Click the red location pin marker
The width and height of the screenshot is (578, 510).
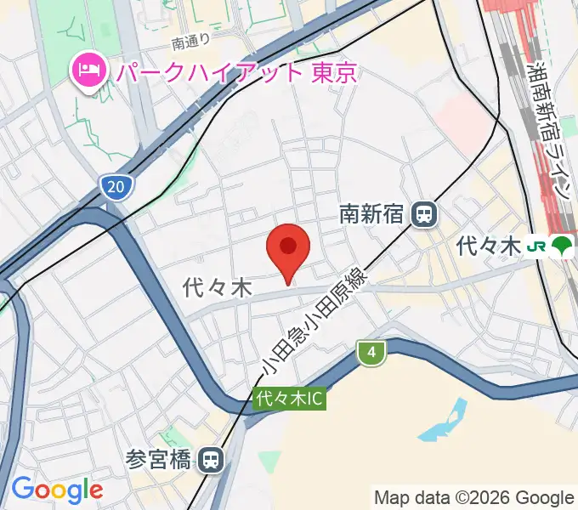pos(288,249)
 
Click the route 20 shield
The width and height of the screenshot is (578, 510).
pos(115,186)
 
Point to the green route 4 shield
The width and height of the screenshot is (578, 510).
pos(371,353)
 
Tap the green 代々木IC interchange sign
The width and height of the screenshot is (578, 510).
pos(289,398)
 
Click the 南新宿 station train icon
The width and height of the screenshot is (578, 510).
pos(422,214)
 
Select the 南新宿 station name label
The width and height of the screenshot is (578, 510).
pos(371,214)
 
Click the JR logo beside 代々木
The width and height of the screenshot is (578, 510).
pos(536,246)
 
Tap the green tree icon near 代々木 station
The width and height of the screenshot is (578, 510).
pos(561,246)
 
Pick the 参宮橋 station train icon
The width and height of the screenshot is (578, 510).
pos(210,461)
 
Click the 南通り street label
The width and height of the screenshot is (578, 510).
pos(190,42)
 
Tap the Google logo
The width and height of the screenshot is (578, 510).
pos(57,490)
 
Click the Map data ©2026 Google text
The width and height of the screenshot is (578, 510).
pos(474,497)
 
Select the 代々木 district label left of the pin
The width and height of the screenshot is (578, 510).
pos(218,289)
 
